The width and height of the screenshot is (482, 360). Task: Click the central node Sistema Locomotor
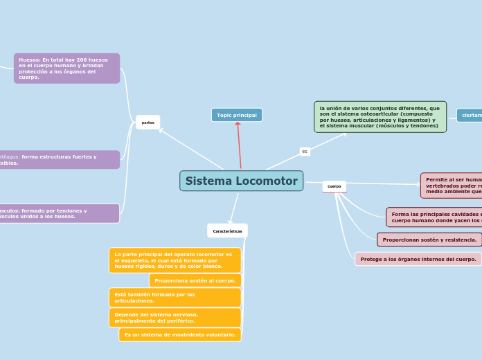point(241,181)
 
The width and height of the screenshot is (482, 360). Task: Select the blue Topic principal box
point(237,115)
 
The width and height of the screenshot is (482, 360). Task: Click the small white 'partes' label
point(148,122)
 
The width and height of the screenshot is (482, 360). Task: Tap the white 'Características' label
point(227,231)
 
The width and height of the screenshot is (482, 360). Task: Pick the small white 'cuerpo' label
point(334,186)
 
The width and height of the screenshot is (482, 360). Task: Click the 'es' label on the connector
point(305,151)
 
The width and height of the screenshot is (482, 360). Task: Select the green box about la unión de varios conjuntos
point(380,117)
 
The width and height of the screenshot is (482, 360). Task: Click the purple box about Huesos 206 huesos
point(66,69)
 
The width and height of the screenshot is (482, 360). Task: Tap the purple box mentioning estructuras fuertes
point(59,160)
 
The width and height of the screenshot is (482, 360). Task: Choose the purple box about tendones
point(59,213)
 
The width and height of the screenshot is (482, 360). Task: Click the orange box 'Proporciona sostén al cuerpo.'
point(195,280)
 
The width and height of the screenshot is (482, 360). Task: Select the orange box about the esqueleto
point(175,260)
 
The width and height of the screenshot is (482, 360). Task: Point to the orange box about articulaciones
point(175,298)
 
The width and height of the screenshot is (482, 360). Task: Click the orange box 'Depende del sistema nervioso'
point(175,318)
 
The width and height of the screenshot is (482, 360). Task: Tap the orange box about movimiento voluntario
point(179,334)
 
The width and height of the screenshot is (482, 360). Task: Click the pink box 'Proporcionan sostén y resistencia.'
point(429,240)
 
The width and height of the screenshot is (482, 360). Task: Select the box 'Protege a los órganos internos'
point(418,259)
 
